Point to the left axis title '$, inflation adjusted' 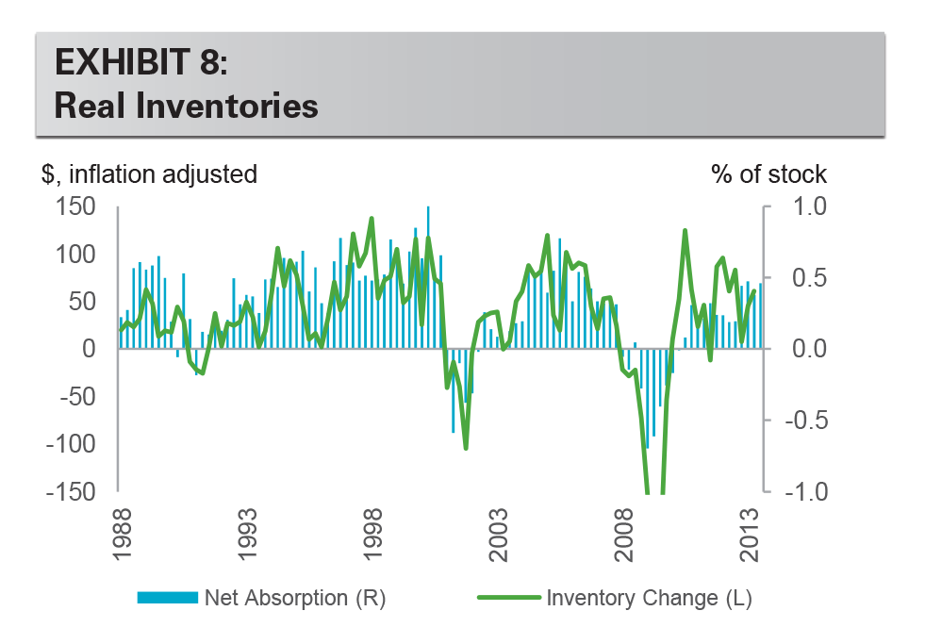(149, 174)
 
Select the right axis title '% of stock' (768, 174)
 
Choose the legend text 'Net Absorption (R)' (295, 598)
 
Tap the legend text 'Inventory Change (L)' (649, 598)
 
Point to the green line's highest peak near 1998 (372, 219)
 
